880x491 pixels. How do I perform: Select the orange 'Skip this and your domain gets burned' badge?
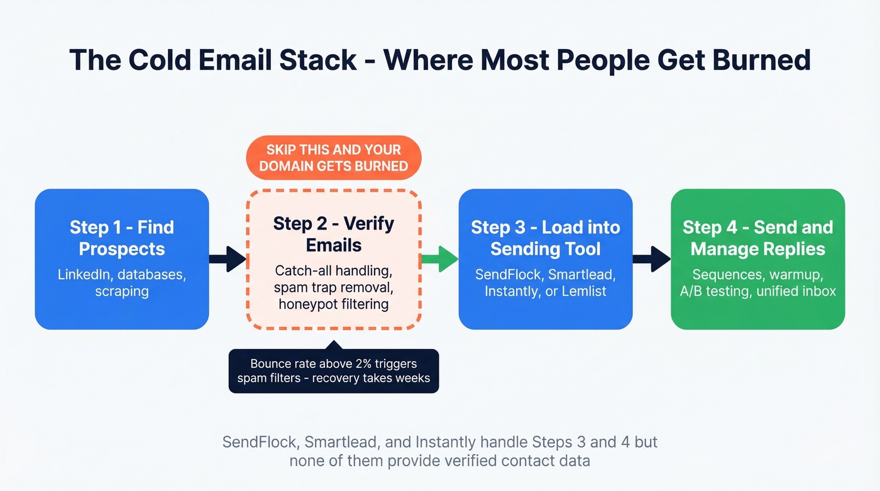click(334, 158)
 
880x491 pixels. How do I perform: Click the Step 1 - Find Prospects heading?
click(122, 238)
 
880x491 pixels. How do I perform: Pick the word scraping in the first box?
click(122, 292)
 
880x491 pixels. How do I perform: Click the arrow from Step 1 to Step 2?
click(227, 259)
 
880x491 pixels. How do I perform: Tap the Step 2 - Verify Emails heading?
click(334, 234)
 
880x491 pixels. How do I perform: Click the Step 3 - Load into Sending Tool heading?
click(545, 238)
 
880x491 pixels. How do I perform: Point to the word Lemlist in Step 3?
click(583, 292)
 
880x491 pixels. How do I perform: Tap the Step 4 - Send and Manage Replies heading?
click(757, 238)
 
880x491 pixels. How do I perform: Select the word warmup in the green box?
click(797, 275)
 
